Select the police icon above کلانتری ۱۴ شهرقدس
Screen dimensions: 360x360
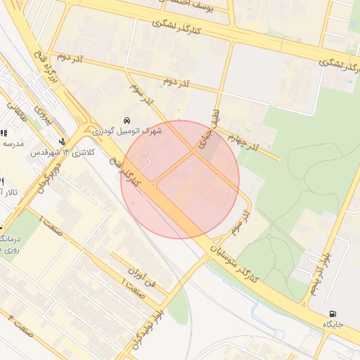pyautogui.click(x=63, y=141)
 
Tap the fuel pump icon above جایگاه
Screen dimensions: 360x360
pyautogui.click(x=331, y=314)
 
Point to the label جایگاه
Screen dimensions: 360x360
pyautogui.click(x=332, y=325)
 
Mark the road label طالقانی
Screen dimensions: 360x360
pyautogui.click(x=15, y=115)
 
